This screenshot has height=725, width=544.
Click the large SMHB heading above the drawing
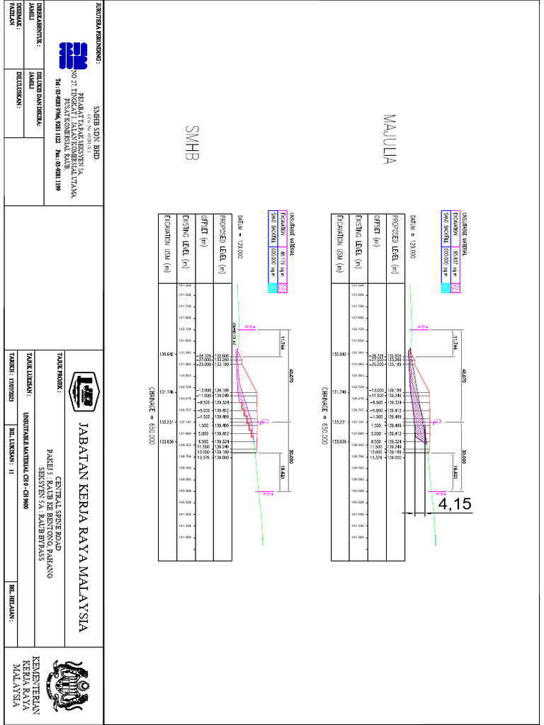pos(190,147)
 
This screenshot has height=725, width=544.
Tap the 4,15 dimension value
pos(454,504)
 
